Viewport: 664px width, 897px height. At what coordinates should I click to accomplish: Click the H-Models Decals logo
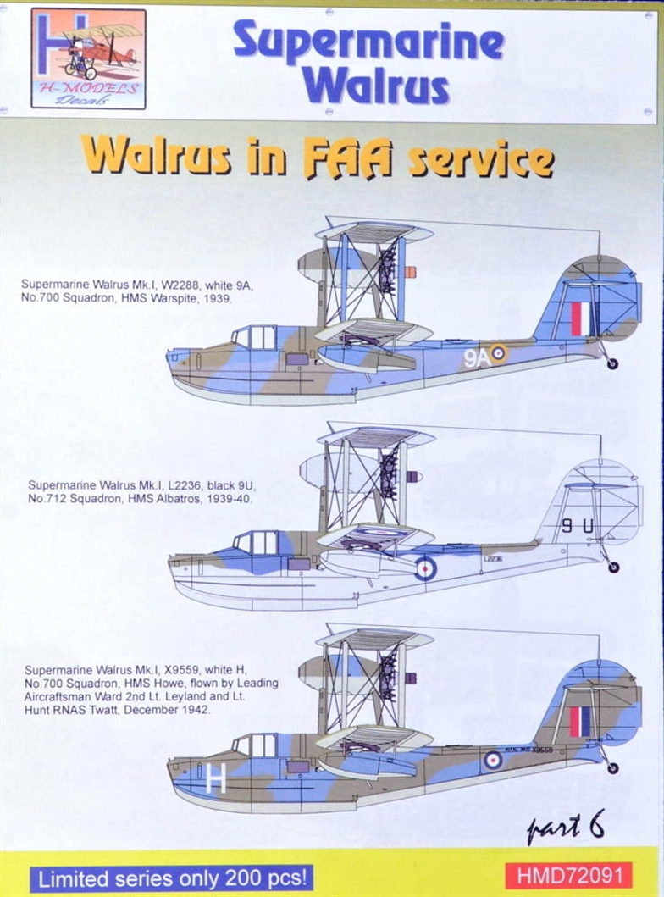click(x=88, y=58)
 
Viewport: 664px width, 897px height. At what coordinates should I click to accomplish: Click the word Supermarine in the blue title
click(x=368, y=42)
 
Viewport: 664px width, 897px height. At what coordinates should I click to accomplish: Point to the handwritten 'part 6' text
click(x=566, y=826)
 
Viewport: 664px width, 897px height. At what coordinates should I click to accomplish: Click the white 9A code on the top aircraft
click(x=477, y=357)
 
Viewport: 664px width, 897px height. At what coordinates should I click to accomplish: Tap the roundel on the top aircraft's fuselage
click(x=499, y=354)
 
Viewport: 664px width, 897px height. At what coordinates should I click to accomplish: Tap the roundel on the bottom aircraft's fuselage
click(x=493, y=760)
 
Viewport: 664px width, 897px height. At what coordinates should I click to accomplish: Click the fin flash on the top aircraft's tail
click(x=580, y=318)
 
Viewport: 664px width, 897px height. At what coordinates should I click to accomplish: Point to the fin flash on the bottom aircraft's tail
click(x=580, y=721)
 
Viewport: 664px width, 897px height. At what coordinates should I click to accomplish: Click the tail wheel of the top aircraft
click(x=611, y=363)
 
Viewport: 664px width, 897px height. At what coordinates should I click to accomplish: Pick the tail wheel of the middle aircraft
click(x=613, y=567)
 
